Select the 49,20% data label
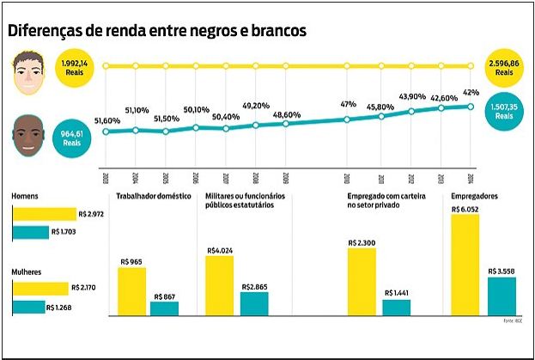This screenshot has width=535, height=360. tap(256, 106)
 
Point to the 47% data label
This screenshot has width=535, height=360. tap(349, 103)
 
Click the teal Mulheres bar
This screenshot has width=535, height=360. tap(28, 307)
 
